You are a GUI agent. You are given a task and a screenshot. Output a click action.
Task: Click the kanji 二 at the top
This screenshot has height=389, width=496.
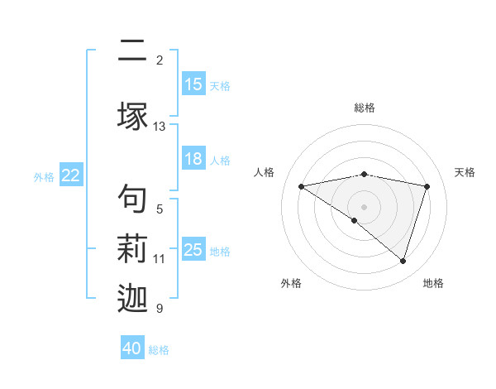click(132, 52)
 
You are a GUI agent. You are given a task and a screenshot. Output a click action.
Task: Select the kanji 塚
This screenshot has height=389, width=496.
click(132, 116)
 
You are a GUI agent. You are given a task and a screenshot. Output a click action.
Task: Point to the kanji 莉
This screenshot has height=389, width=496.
click(132, 250)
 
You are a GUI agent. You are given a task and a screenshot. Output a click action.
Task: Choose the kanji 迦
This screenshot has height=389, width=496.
click(132, 300)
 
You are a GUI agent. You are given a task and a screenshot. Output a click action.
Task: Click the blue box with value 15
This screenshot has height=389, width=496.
click(193, 84)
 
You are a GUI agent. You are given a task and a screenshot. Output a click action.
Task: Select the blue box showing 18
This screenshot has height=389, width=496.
click(193, 160)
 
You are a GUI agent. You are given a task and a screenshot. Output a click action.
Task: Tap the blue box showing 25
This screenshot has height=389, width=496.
click(193, 250)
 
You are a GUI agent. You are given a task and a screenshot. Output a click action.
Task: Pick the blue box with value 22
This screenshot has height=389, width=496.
click(71, 175)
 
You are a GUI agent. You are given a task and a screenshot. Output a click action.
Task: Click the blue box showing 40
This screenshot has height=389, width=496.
click(132, 348)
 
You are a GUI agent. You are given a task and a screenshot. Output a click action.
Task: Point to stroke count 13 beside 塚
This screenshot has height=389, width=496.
click(160, 127)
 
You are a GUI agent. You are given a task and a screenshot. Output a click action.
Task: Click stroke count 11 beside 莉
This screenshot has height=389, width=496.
click(159, 259)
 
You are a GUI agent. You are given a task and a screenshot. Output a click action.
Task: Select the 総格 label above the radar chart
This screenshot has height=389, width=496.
click(365, 108)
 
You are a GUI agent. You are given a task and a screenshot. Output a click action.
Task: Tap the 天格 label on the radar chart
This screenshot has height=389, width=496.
click(465, 172)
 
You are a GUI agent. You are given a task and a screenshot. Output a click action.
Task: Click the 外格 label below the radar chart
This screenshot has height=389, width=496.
click(291, 284)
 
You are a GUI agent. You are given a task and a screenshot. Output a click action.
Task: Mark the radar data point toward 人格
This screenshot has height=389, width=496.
click(301, 186)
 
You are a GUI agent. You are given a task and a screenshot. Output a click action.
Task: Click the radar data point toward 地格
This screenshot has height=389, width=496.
click(403, 261)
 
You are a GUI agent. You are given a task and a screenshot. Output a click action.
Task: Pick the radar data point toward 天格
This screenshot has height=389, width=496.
click(427, 186)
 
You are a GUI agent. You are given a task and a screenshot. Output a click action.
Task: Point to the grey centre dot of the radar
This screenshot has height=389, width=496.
click(364, 206)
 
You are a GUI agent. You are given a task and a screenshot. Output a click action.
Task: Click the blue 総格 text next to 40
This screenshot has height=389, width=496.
click(159, 349)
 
